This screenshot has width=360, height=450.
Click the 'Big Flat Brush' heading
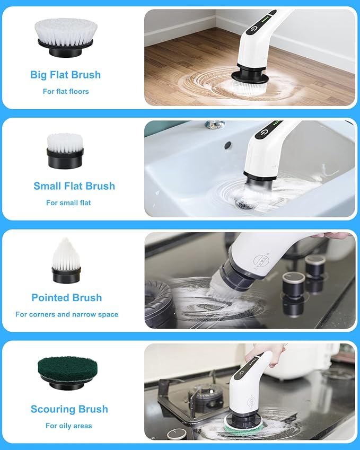pos(65,75)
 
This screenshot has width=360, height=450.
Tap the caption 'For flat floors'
pos(66,91)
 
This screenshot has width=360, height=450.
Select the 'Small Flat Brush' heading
pos(74,186)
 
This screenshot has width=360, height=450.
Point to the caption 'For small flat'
pos(68,202)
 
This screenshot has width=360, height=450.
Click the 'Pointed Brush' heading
pos(66,297)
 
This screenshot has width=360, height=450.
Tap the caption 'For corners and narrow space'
pos(67,314)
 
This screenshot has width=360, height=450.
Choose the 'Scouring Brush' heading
pos(69,409)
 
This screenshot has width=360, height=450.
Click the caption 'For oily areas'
pos(68,426)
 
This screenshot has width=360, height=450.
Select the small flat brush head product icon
pos(65,151)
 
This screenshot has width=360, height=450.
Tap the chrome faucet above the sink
pos(215,125)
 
